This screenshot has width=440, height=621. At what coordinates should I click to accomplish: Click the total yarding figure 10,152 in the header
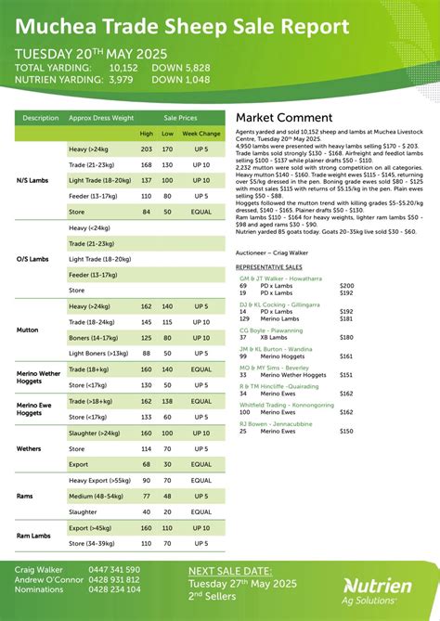123,67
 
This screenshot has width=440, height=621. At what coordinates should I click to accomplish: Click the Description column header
40,118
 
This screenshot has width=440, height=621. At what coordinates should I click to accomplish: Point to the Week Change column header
201,133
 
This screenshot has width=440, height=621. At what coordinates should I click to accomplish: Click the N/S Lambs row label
33,180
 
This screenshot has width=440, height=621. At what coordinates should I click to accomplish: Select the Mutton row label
28,330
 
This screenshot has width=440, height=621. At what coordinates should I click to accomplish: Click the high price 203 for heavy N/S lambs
146,149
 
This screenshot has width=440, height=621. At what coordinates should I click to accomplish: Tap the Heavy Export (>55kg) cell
100,480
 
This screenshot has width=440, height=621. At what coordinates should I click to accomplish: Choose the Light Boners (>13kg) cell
99,354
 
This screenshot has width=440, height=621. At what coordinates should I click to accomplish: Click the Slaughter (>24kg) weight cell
95,433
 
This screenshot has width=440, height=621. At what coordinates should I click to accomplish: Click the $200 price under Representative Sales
346,286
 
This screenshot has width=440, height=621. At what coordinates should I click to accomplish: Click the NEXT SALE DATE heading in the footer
230,571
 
